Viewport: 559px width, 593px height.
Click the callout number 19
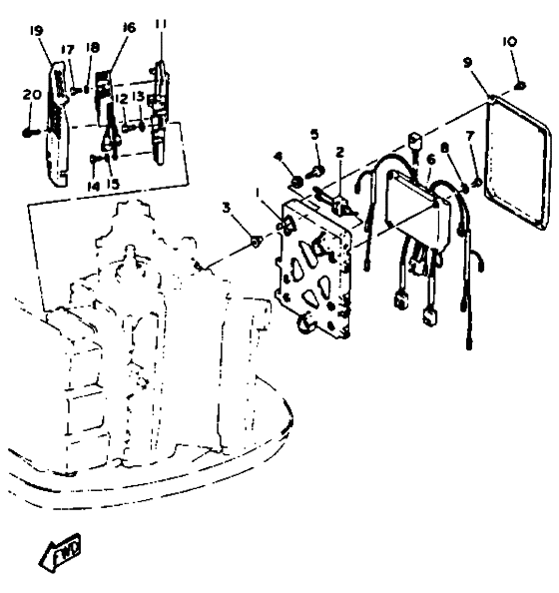pos(37,31)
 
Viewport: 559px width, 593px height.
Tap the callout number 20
pos(32,94)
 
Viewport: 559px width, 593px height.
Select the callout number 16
pos(129,27)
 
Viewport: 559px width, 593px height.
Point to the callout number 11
pos(161,23)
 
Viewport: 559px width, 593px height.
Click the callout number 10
pos(509,41)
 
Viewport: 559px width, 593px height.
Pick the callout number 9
pos(468,63)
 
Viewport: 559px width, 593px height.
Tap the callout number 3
pos(227,208)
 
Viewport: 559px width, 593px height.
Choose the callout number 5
pos(314,134)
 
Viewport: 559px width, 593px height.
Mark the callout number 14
pos(94,186)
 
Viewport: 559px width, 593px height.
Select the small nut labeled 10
pos(520,86)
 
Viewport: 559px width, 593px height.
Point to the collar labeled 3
pos(257,240)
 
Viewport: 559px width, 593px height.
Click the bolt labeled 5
pos(317,172)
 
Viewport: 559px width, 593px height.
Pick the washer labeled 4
pos(297,183)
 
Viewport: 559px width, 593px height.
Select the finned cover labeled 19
pos(58,125)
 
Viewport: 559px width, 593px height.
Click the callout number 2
pos(340,153)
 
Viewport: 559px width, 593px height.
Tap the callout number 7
pos(470,136)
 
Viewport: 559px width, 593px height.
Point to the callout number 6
pos(430,159)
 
